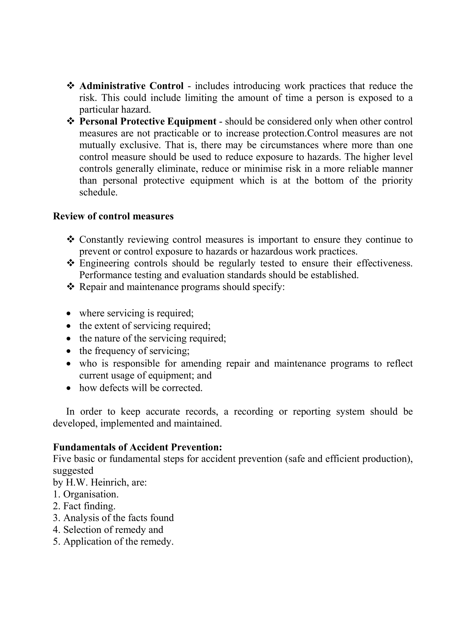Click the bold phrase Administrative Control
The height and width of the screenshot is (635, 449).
click(x=131, y=86)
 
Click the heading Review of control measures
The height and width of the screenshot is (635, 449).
click(x=113, y=216)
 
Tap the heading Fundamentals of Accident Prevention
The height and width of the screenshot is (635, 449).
click(x=137, y=447)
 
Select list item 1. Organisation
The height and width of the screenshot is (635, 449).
click(x=86, y=494)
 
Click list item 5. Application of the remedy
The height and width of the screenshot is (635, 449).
click(x=113, y=542)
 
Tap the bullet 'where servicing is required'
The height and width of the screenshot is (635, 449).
click(x=136, y=313)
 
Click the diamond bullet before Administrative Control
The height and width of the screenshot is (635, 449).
click(x=71, y=86)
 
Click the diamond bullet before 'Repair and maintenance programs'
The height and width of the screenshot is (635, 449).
click(x=71, y=287)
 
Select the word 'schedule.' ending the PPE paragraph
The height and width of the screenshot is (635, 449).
click(x=98, y=192)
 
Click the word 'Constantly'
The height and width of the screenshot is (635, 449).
click(x=101, y=239)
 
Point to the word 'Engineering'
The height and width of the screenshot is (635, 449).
click(x=104, y=263)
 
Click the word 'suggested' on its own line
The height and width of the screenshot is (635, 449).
click(x=73, y=471)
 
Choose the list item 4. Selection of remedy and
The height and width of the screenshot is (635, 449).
click(x=108, y=530)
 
